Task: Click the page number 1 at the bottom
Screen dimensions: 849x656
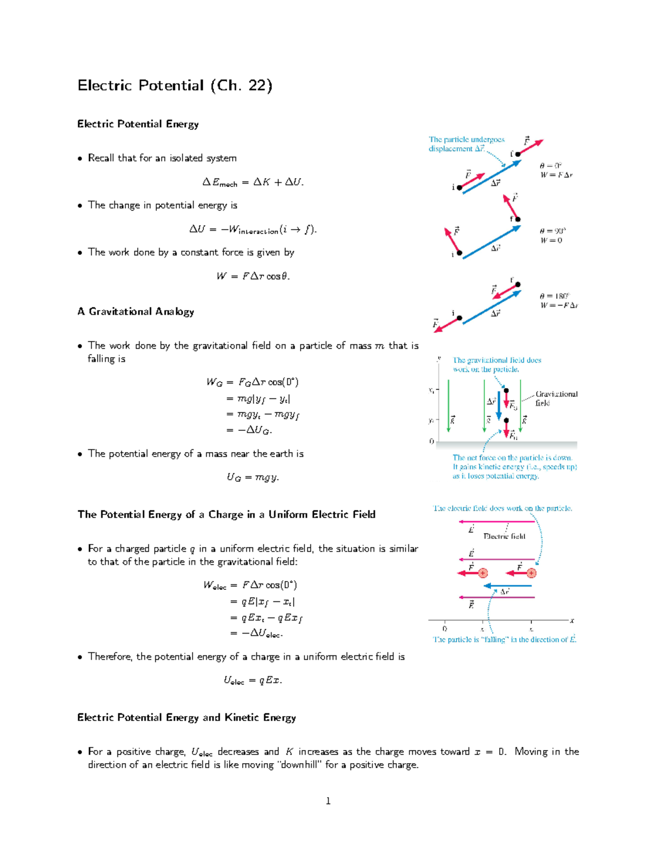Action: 328,801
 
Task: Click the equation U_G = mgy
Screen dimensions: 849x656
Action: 253,477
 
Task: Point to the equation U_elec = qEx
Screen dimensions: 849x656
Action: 253,681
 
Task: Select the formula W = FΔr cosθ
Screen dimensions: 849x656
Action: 253,276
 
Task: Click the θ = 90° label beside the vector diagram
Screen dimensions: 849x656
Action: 553,231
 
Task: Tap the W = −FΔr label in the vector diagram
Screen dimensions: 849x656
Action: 559,306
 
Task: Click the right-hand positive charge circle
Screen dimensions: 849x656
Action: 531,573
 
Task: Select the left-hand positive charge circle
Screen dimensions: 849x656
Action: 483,573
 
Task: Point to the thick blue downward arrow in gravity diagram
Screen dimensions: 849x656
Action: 499,407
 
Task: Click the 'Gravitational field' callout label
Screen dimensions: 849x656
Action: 556,398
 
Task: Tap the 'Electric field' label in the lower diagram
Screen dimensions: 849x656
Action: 504,536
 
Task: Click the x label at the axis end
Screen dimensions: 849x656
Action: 572,620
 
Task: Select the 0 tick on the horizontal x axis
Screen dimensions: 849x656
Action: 444,629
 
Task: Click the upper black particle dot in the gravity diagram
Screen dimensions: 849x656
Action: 506,391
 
